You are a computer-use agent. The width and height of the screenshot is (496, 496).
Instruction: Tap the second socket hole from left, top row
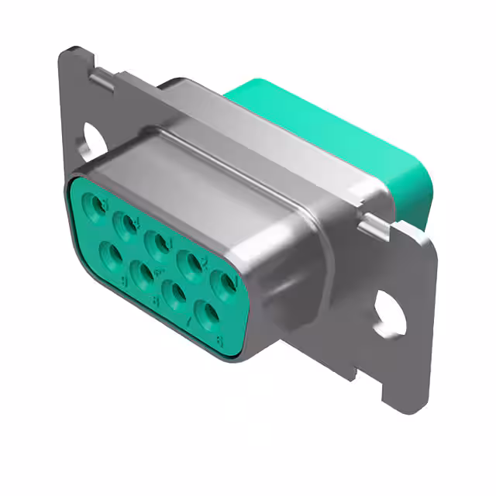click(x=126, y=226)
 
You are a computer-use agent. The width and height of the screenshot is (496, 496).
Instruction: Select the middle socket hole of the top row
click(x=160, y=244)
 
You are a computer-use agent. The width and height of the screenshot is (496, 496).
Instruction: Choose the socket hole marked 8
click(x=143, y=273)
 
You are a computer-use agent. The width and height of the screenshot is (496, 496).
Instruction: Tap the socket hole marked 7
click(x=176, y=294)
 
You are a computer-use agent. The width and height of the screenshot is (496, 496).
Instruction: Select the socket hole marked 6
click(x=208, y=315)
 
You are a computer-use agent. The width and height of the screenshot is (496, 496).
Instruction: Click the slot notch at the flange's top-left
click(x=100, y=77)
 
